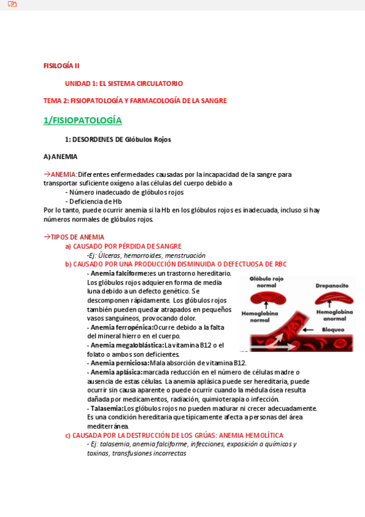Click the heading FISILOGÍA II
(61, 66)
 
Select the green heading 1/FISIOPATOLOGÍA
(82, 120)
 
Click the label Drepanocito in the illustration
(331, 285)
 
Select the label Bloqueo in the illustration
(334, 329)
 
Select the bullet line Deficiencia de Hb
(95, 201)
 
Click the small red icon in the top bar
(12, 4)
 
